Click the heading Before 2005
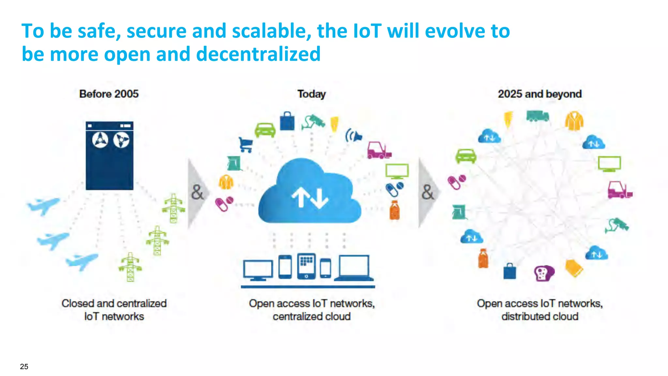click(109, 94)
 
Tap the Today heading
click(311, 94)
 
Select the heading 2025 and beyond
click(539, 94)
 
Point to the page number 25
click(24, 367)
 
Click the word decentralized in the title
click(258, 54)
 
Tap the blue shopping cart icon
click(246, 144)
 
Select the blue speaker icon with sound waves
click(354, 136)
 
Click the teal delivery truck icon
click(538, 116)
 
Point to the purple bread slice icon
click(544, 273)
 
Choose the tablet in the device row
click(306, 266)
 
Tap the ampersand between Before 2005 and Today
click(197, 192)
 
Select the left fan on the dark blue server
click(100, 140)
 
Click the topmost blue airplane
click(44, 205)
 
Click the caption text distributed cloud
click(539, 316)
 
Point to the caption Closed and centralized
click(114, 303)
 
